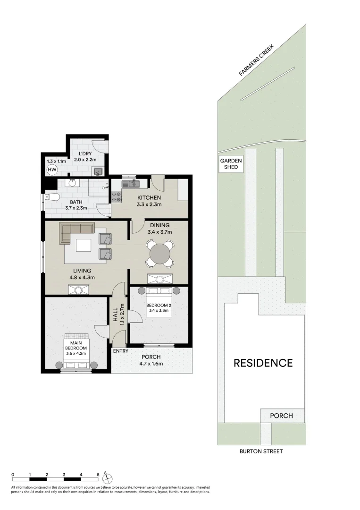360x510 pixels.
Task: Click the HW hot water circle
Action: tap(52, 170)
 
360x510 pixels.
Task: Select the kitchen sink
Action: tap(131, 184)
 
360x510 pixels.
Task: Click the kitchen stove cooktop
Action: tap(117, 196)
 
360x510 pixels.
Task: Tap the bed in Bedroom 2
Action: tap(159, 306)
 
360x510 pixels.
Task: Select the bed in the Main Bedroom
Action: tap(76, 351)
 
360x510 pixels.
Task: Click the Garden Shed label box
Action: tap(231, 163)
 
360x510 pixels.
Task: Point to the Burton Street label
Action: tap(261, 451)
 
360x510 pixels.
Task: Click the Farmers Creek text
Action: tap(257, 60)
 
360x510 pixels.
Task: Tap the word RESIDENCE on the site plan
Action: tap(263, 363)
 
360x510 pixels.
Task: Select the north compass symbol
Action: tap(107, 478)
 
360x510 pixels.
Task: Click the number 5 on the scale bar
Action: tap(98, 475)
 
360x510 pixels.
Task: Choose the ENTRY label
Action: tap(120, 351)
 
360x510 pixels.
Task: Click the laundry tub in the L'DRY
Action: tap(98, 170)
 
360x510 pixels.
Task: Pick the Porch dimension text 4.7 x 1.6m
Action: tap(151, 364)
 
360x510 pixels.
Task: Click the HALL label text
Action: tap(115, 315)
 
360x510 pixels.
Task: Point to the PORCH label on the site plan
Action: tap(282, 416)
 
